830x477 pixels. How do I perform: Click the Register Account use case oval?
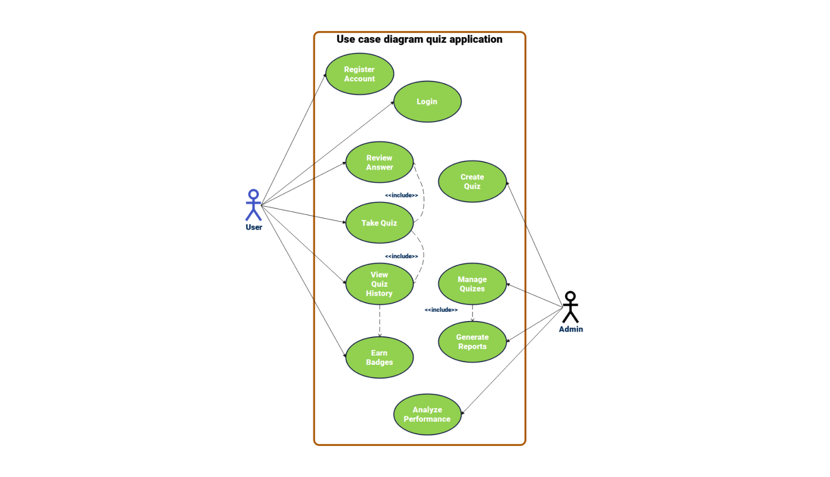(x=360, y=74)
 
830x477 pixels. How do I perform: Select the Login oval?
(x=427, y=102)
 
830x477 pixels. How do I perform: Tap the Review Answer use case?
(x=379, y=162)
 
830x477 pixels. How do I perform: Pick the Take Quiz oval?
(x=379, y=223)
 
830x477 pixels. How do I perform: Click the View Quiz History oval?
(x=379, y=284)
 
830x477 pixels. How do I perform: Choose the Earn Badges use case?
(x=379, y=358)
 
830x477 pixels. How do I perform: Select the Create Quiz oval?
(x=472, y=182)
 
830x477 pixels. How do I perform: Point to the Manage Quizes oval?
(x=472, y=284)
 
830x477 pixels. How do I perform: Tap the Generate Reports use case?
(x=472, y=342)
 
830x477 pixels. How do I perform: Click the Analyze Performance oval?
(x=427, y=415)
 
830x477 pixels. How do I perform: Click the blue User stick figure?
(x=253, y=205)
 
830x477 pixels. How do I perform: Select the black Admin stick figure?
(x=570, y=307)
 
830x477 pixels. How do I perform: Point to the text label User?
(x=253, y=228)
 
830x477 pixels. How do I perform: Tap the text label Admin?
(x=570, y=329)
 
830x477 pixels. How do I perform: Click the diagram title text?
(x=419, y=39)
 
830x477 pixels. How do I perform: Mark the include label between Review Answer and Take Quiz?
(x=401, y=195)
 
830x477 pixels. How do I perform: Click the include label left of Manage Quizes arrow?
(x=441, y=310)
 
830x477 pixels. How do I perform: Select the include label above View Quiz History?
(x=401, y=256)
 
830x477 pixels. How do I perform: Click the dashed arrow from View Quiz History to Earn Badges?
(x=379, y=321)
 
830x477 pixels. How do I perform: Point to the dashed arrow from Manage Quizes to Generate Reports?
(x=472, y=313)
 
